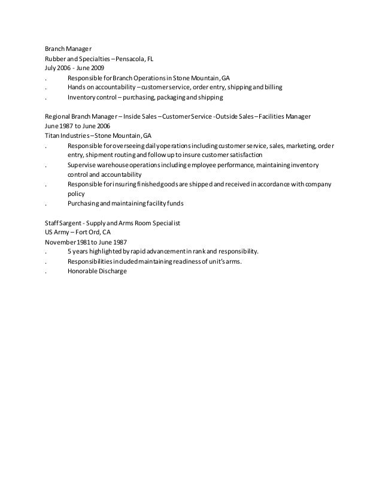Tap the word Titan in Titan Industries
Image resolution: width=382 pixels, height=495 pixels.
click(52, 135)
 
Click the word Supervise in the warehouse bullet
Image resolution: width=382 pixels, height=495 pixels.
click(82, 164)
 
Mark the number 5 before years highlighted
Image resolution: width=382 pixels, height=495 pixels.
click(69, 251)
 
